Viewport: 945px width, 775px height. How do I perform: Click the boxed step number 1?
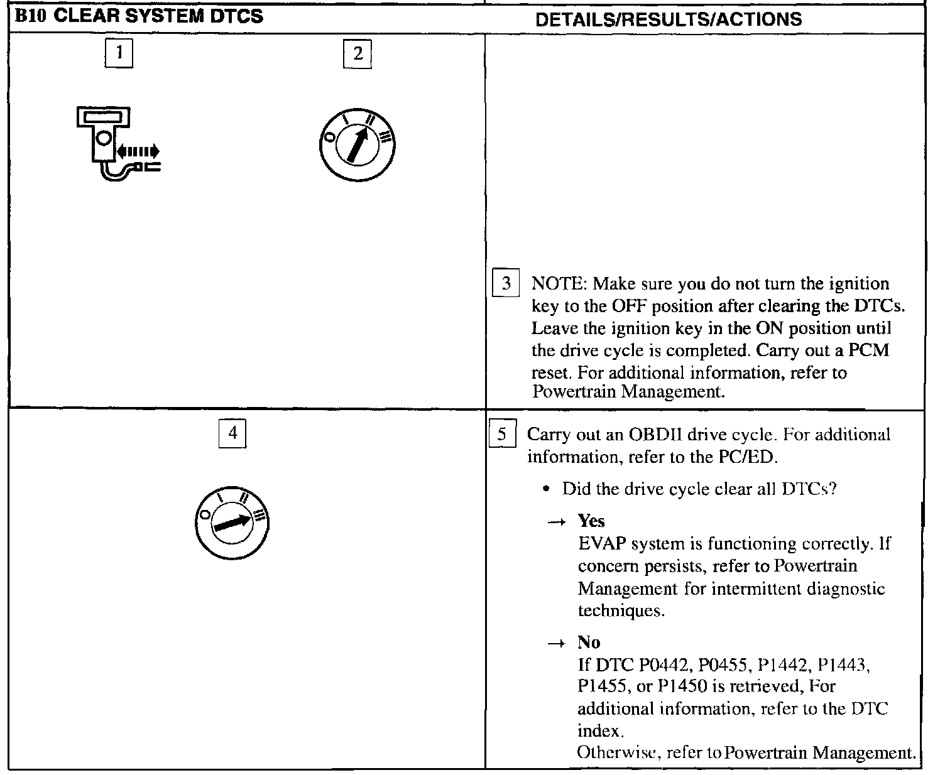pyautogui.click(x=118, y=53)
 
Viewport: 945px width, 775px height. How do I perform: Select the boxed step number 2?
pyautogui.click(x=358, y=53)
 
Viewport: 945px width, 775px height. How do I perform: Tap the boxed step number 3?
pyautogui.click(x=506, y=285)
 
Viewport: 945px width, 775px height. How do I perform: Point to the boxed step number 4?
pyautogui.click(x=232, y=433)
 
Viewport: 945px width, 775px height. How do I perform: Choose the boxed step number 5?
pyautogui.click(x=502, y=435)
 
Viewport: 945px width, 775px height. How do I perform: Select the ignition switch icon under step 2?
pyautogui.click(x=358, y=146)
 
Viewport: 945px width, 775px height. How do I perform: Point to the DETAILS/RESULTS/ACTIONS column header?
pyautogui.click(x=669, y=19)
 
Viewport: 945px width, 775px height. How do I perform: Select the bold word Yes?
pyautogui.click(x=591, y=521)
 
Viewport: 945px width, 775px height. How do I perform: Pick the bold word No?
pyautogui.click(x=589, y=642)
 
